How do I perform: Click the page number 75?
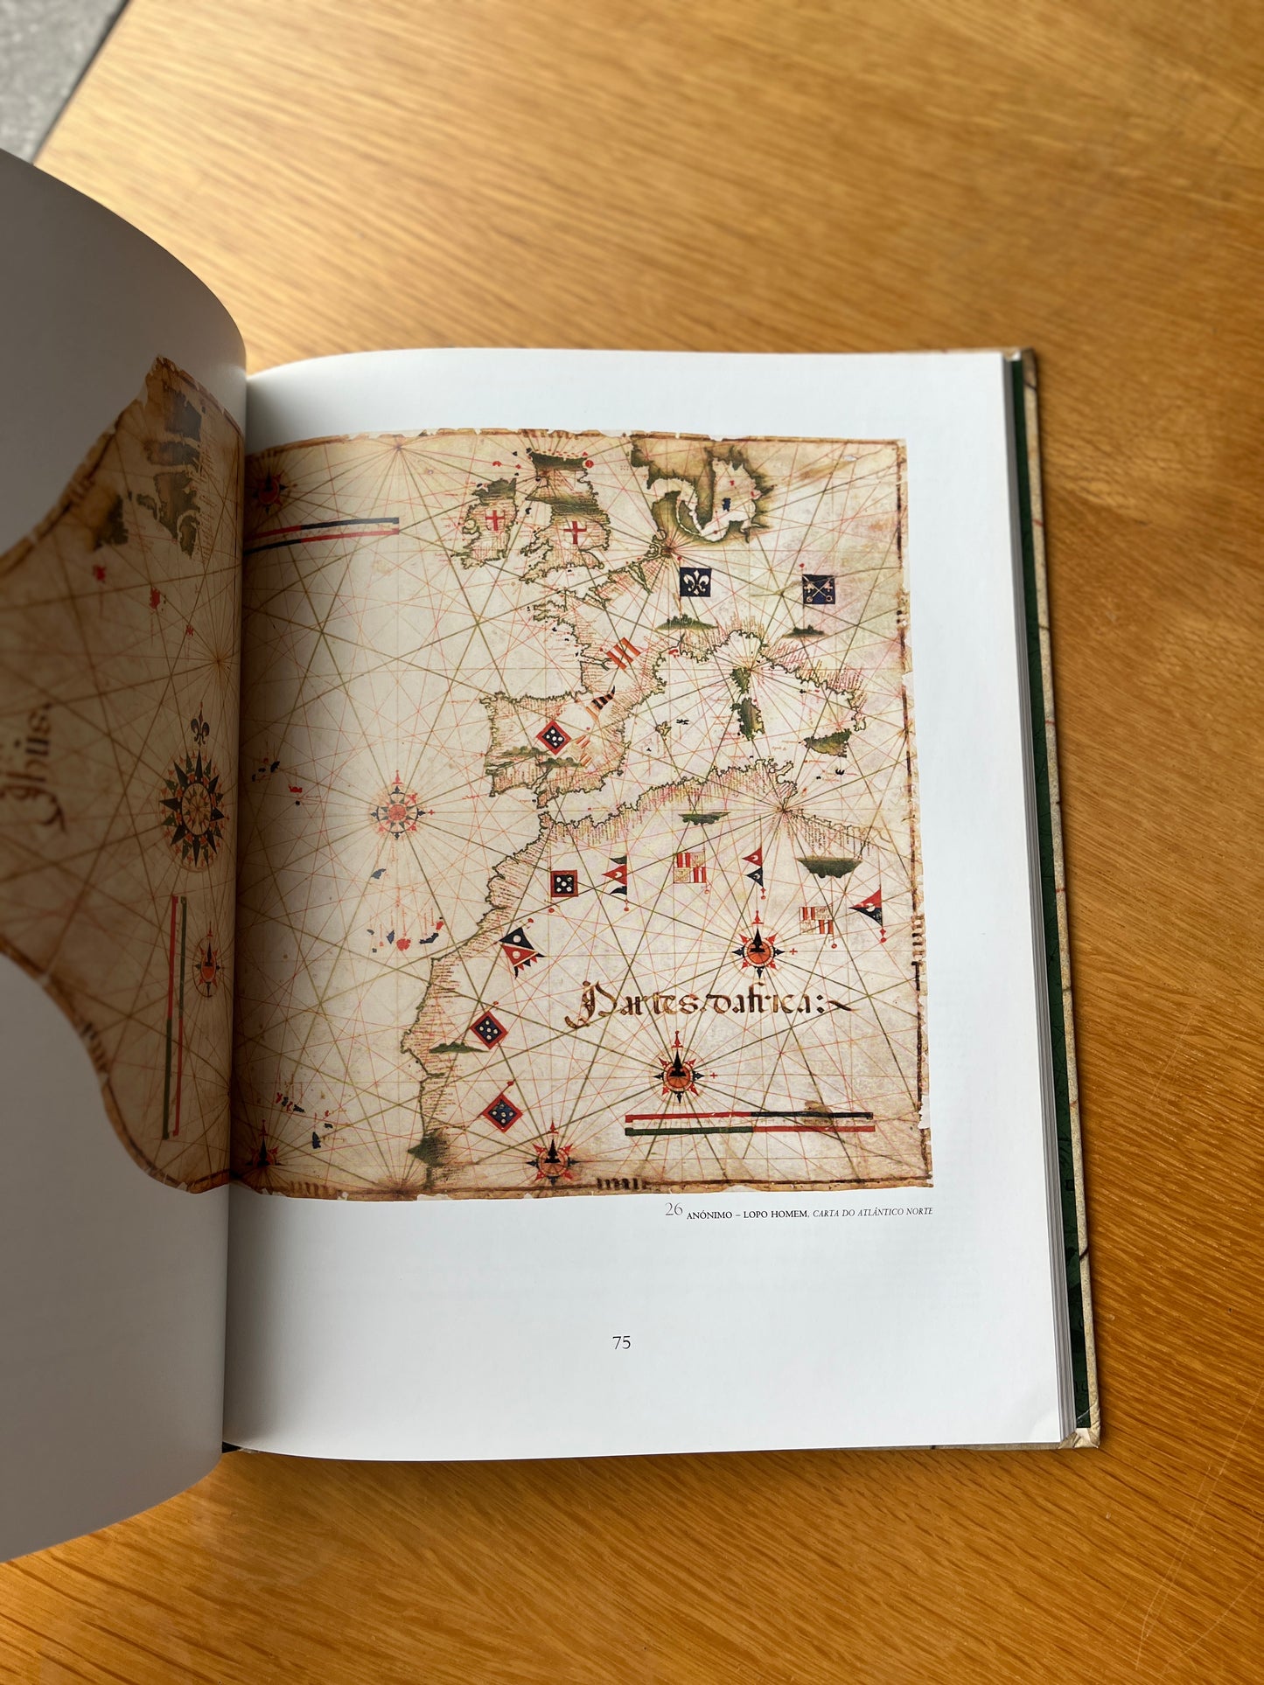pyautogui.click(x=621, y=1342)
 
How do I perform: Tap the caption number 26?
pyautogui.click(x=673, y=1210)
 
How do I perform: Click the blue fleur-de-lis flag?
pyautogui.click(x=695, y=581)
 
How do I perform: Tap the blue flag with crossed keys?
pyautogui.click(x=819, y=590)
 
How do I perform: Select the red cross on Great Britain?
pyautogui.click(x=576, y=531)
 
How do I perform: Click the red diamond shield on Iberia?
pyautogui.click(x=553, y=737)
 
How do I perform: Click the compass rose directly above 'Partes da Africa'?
pyautogui.click(x=757, y=947)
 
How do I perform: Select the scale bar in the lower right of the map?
pyautogui.click(x=751, y=1123)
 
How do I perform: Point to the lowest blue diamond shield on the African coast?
pyautogui.click(x=501, y=1112)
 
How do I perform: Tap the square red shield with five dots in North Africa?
pyautogui.click(x=562, y=884)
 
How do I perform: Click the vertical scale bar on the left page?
pyautogui.click(x=175, y=1014)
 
